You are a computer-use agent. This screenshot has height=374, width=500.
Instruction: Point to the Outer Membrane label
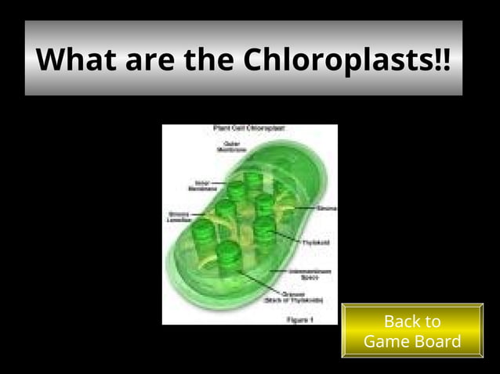click(233, 146)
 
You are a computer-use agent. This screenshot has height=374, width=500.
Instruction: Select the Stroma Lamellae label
click(177, 216)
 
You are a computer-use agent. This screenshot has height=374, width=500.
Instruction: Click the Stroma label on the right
click(328, 209)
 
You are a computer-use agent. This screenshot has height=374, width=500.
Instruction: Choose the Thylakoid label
click(316, 243)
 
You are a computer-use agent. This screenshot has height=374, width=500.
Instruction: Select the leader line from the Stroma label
click(301, 209)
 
